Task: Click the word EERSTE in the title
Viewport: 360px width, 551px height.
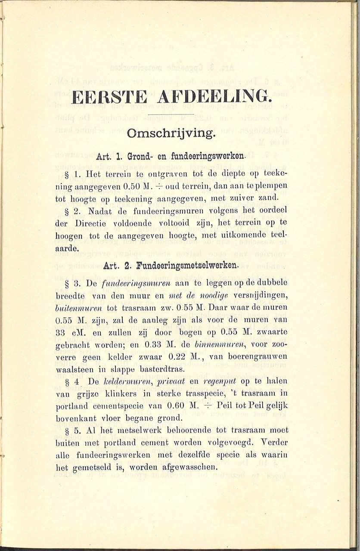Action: [x=109, y=96]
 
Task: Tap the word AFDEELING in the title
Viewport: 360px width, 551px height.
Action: [x=214, y=96]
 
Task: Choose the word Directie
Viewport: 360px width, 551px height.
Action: [x=99, y=224]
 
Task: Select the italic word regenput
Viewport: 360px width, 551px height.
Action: [x=208, y=381]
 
